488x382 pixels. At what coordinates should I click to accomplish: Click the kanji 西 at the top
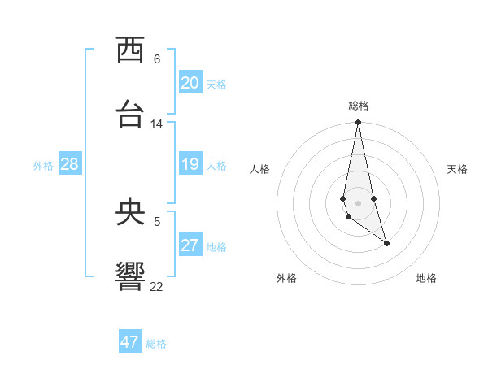(130, 50)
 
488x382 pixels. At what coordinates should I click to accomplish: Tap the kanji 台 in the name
(130, 115)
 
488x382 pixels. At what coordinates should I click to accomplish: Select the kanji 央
(130, 213)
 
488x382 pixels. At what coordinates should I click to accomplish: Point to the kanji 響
(130, 276)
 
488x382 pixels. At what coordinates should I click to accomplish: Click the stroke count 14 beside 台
(157, 124)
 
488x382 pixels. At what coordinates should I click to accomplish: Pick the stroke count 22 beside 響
(157, 286)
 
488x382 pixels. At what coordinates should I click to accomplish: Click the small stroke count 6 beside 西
(157, 59)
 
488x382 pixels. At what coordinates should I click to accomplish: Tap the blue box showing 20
(190, 83)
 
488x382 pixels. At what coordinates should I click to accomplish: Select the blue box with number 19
(190, 164)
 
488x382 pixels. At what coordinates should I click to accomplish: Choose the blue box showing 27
(190, 245)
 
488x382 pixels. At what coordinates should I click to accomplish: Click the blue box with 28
(70, 164)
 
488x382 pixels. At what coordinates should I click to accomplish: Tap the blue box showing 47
(130, 342)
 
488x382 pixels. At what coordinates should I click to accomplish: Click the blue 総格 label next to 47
(156, 344)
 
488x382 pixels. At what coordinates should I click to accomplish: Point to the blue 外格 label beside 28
(43, 166)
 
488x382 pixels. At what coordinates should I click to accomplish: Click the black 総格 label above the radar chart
(359, 106)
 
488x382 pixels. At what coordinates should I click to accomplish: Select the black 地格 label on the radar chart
(426, 278)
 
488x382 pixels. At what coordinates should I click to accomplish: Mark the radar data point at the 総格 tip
(358, 123)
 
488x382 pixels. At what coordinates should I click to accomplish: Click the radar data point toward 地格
(386, 243)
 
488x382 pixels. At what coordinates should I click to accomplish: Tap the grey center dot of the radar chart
(358, 203)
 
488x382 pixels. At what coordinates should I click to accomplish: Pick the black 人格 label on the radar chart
(259, 169)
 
